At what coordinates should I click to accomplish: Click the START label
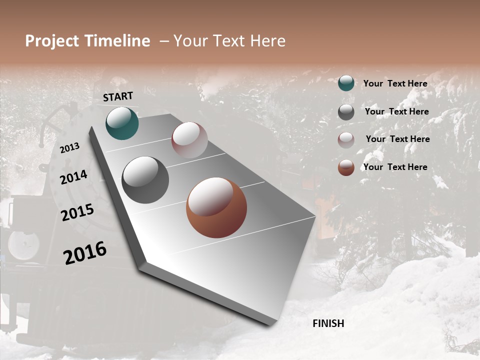[118, 96]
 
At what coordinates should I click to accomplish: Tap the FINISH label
[328, 323]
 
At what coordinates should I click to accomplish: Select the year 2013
[69, 148]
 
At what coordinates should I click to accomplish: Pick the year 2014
[74, 177]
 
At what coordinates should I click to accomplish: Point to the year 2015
[77, 212]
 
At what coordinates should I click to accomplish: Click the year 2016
[85, 253]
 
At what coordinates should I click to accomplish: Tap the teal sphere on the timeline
[122, 123]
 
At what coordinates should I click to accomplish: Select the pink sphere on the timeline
[189, 140]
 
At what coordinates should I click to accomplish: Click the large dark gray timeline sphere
[145, 180]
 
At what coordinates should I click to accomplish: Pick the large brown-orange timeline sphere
[216, 207]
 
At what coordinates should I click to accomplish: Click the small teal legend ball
[346, 83]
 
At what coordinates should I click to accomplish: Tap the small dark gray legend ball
[346, 112]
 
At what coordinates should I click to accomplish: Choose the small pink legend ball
[346, 140]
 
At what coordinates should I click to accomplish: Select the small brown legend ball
[346, 167]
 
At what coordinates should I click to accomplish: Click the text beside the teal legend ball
[395, 83]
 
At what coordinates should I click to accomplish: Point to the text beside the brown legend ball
[395, 167]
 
